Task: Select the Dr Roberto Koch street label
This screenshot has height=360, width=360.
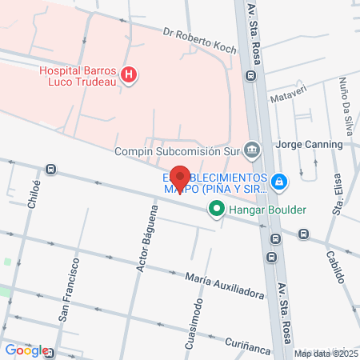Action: click(199, 42)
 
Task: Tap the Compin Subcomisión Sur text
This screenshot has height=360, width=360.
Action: click(178, 150)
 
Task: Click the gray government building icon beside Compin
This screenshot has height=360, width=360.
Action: click(252, 149)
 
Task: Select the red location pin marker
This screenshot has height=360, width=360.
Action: click(180, 178)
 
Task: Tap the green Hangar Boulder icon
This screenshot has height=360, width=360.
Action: click(216, 210)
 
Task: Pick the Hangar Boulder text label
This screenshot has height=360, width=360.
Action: click(268, 210)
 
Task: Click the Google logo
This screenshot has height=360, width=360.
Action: click(26, 350)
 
